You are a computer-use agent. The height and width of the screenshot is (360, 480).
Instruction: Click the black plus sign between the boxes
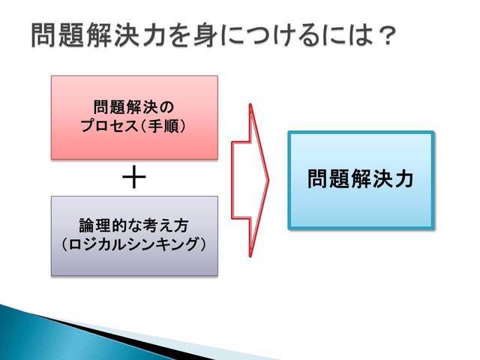pyautogui.click(x=134, y=178)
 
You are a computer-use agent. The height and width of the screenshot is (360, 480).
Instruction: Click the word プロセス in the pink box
pyautogui.click(x=109, y=125)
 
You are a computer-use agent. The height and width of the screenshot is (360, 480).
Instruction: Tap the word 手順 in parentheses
pyautogui.click(x=166, y=125)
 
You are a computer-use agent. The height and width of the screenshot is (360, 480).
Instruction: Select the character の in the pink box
pyautogui.click(x=166, y=107)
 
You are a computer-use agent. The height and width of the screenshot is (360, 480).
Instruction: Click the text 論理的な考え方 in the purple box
pyautogui.click(x=134, y=225)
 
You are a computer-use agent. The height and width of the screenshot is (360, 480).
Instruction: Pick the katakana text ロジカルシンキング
pyautogui.click(x=134, y=244)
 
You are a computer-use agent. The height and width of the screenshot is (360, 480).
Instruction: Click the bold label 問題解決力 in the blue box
pyautogui.click(x=361, y=178)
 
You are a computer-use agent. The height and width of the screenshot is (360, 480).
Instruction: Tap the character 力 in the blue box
pyautogui.click(x=404, y=178)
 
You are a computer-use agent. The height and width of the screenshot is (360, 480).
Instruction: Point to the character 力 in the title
pyautogui.click(x=154, y=35)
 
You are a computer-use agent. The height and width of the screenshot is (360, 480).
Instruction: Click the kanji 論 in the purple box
pyautogui.click(x=87, y=225)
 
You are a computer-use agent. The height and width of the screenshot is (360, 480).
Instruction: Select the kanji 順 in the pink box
pyautogui.click(x=175, y=125)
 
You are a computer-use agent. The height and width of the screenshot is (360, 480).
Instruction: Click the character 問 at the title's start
pyautogui.click(x=43, y=35)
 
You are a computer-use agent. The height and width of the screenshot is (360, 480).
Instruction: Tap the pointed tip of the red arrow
pyautogui.click(x=268, y=180)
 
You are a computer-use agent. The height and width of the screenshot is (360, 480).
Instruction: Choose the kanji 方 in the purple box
pyautogui.click(x=181, y=225)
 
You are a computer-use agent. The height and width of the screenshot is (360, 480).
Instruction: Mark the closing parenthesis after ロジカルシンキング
pyautogui.click(x=203, y=244)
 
